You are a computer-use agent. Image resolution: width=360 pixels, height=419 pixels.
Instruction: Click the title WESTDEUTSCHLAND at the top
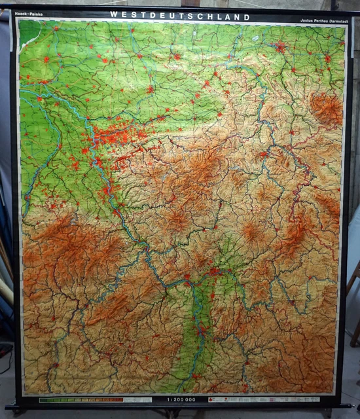tap(179, 15)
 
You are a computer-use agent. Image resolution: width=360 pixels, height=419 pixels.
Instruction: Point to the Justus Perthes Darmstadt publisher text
tap(321, 20)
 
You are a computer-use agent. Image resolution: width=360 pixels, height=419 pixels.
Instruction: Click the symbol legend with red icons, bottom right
tap(262, 399)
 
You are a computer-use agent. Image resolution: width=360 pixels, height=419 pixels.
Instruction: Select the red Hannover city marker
tap(280, 47)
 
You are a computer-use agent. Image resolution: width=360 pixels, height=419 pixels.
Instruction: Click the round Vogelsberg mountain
tap(250, 230)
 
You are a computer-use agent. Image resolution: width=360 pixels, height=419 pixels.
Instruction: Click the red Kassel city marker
tap(262, 155)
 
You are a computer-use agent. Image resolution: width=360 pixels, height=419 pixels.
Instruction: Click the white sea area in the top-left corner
tap(26, 33)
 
